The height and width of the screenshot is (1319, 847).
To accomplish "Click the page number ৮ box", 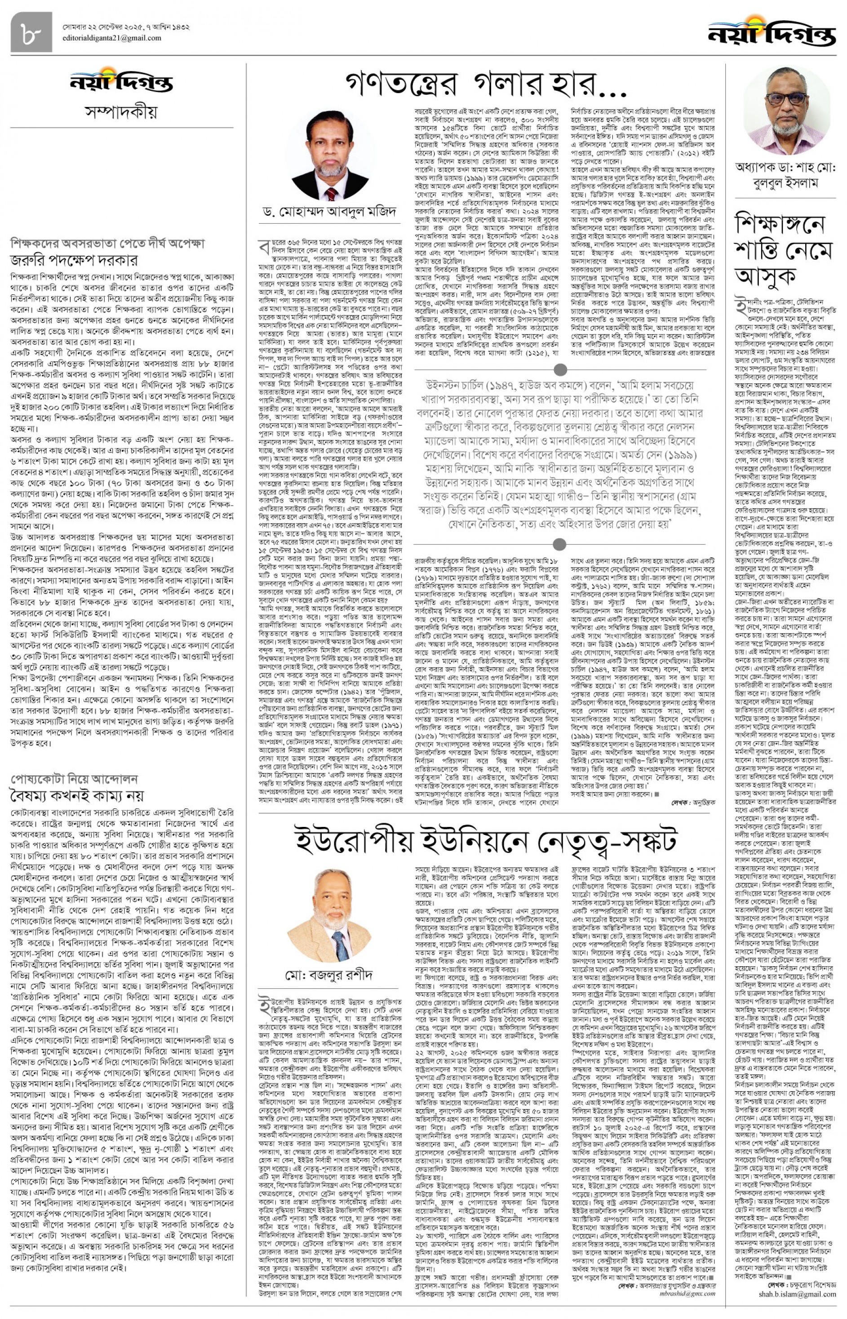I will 31,32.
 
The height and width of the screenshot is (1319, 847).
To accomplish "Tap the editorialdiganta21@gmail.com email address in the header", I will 111,39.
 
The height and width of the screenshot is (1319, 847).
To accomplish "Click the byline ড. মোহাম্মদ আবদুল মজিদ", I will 329,212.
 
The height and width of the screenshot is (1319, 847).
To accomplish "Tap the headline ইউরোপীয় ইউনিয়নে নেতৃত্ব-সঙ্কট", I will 486,840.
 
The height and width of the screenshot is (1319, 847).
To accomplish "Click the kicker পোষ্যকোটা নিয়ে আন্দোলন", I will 74,779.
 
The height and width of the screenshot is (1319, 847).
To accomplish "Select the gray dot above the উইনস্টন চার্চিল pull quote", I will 560,369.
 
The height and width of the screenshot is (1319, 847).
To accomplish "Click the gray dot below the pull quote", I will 560,545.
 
